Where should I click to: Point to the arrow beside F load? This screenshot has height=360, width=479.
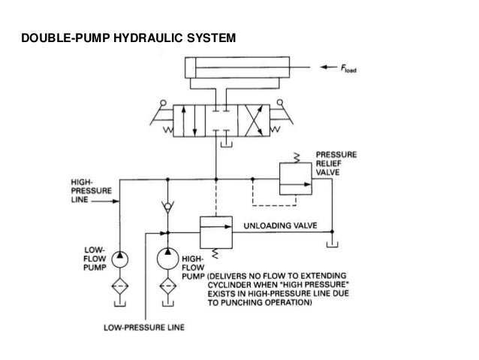[327, 67]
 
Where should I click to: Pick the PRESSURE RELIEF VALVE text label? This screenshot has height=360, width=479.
[336, 163]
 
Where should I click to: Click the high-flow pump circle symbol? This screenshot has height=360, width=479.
[166, 259]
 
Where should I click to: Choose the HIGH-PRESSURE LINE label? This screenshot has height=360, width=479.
[86, 191]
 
